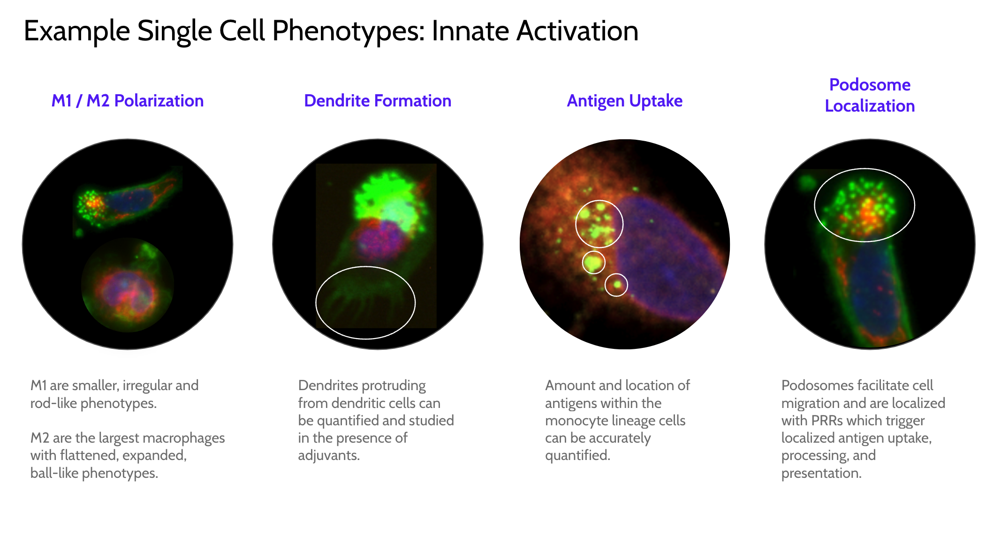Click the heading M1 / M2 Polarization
128,101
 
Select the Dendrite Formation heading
378,101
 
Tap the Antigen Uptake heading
625,101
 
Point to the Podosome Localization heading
870,95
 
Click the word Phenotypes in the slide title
348,31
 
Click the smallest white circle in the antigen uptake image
616,274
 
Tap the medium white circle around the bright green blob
593,251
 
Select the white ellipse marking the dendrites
365,267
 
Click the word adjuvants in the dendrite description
329,455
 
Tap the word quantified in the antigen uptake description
577,455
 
